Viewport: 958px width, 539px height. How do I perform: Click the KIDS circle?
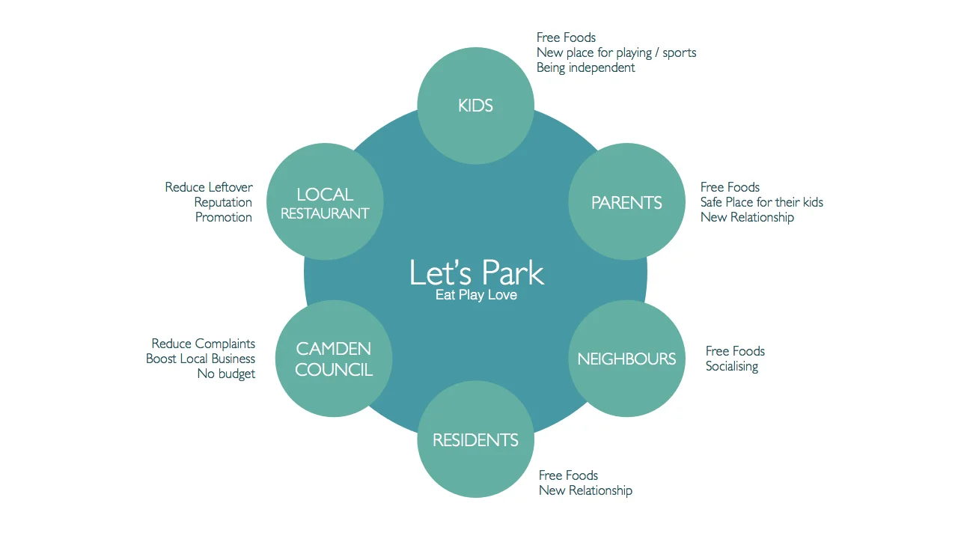coord(475,106)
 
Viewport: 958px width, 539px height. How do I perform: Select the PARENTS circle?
coord(626,202)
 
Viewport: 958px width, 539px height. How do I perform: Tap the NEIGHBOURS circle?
coord(626,359)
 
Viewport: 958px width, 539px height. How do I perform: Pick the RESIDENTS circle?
coord(475,439)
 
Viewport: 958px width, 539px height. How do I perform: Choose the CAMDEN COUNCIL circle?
coord(334,359)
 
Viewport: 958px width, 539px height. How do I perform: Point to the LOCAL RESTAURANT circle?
coord(325,203)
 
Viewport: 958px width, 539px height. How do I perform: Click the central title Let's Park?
coord(476,272)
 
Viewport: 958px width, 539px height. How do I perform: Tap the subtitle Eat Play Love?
coord(476,295)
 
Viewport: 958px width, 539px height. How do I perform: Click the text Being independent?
coord(585,67)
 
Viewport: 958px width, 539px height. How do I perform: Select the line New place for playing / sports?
coord(616,52)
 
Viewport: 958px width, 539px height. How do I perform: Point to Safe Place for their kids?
coord(761,202)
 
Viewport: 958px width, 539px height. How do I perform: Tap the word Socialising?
coord(731,366)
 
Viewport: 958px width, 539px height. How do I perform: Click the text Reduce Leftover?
coord(209,187)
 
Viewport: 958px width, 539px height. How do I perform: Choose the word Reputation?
coord(223,202)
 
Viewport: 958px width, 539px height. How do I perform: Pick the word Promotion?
coord(223,217)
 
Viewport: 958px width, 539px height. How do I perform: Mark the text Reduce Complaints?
coord(203,344)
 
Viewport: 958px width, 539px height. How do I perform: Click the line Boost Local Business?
coord(201,359)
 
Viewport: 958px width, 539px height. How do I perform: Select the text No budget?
coord(226,374)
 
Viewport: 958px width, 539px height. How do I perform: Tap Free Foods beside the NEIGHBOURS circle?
coord(735,351)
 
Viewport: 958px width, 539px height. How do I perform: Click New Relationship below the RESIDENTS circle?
coord(585,490)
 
